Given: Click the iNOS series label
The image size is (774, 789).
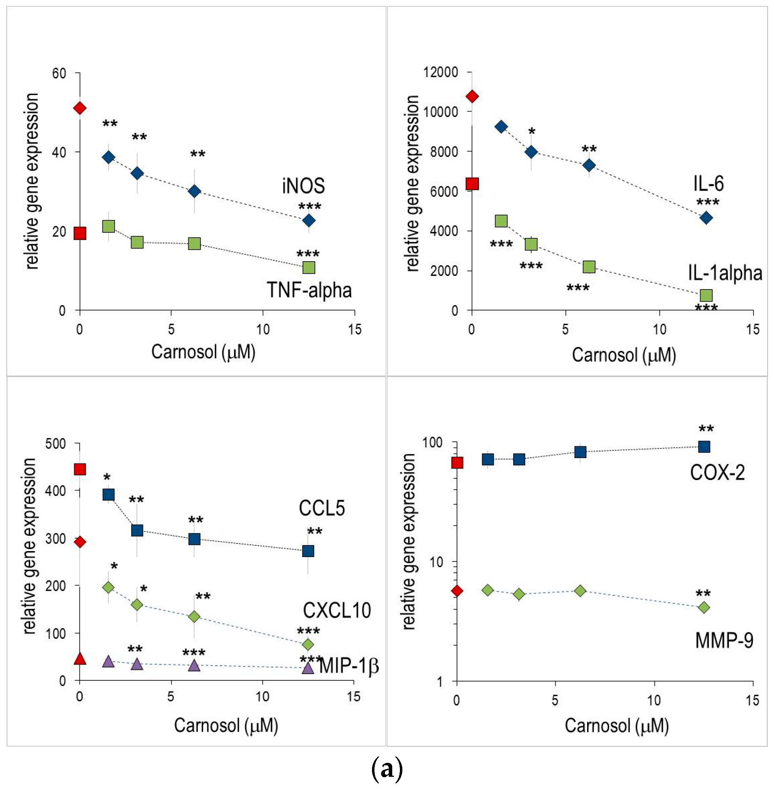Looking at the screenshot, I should pyautogui.click(x=303, y=186).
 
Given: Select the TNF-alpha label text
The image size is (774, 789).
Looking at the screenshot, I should pyautogui.click(x=309, y=290).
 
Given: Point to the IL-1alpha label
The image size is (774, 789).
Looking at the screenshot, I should pyautogui.click(x=725, y=272).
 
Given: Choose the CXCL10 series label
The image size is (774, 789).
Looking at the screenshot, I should pyautogui.click(x=336, y=610).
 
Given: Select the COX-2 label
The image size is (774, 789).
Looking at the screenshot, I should pyautogui.click(x=717, y=472).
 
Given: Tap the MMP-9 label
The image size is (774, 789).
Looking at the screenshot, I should pyautogui.click(x=724, y=640).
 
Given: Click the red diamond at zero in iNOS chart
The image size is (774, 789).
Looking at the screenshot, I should pyautogui.click(x=80, y=108).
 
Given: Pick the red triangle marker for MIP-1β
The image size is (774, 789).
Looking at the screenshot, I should pyautogui.click(x=80, y=658).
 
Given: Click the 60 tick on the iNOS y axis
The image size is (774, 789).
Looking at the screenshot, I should pyautogui.click(x=59, y=74).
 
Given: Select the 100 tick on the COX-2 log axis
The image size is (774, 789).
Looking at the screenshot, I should pyautogui.click(x=432, y=442).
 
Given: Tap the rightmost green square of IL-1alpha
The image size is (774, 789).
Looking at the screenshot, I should pyautogui.click(x=706, y=295).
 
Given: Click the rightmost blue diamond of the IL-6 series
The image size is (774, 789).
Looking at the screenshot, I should pyautogui.click(x=706, y=218).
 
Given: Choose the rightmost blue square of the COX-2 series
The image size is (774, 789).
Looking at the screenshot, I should pyautogui.click(x=704, y=447).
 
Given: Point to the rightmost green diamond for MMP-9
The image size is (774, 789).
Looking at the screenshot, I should pyautogui.click(x=704, y=608).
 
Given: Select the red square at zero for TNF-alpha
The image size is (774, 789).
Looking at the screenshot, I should pyautogui.click(x=80, y=233).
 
